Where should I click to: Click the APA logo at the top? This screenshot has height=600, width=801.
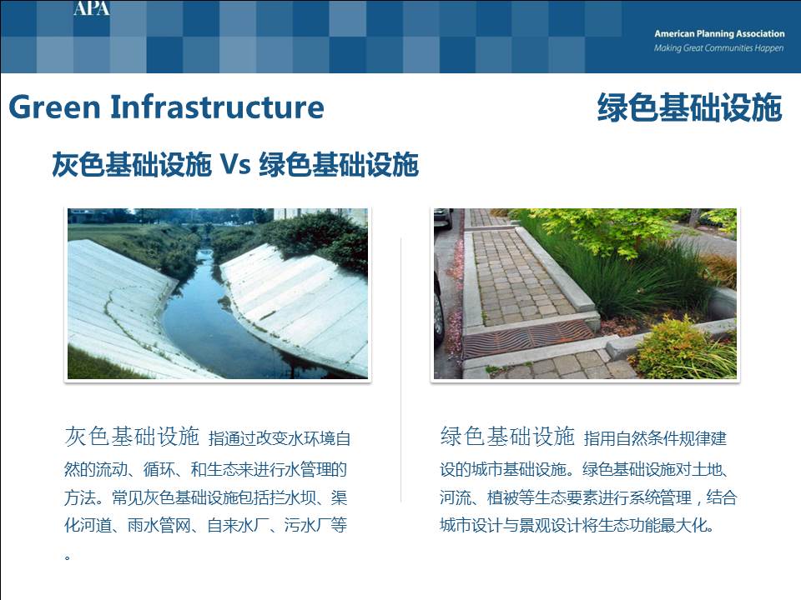(92, 8)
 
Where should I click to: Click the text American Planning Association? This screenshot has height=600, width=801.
(719, 33)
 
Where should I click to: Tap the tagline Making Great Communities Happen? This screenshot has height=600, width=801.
(718, 48)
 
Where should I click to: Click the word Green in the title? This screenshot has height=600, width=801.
(55, 107)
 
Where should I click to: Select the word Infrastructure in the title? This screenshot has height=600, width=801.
(217, 107)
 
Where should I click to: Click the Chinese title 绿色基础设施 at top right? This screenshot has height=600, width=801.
(690, 107)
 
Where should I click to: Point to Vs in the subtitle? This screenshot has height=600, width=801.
(235, 165)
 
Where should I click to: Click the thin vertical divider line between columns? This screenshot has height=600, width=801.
(401, 370)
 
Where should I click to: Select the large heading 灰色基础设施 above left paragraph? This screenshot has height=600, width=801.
(132, 437)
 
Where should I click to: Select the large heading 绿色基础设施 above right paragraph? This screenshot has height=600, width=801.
(508, 437)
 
